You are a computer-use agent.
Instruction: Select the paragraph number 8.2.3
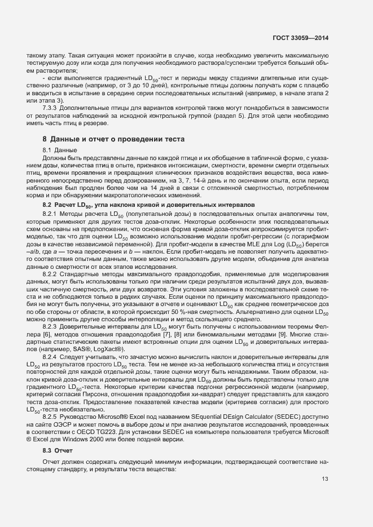(52, 326)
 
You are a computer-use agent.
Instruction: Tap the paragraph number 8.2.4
(52, 358)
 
